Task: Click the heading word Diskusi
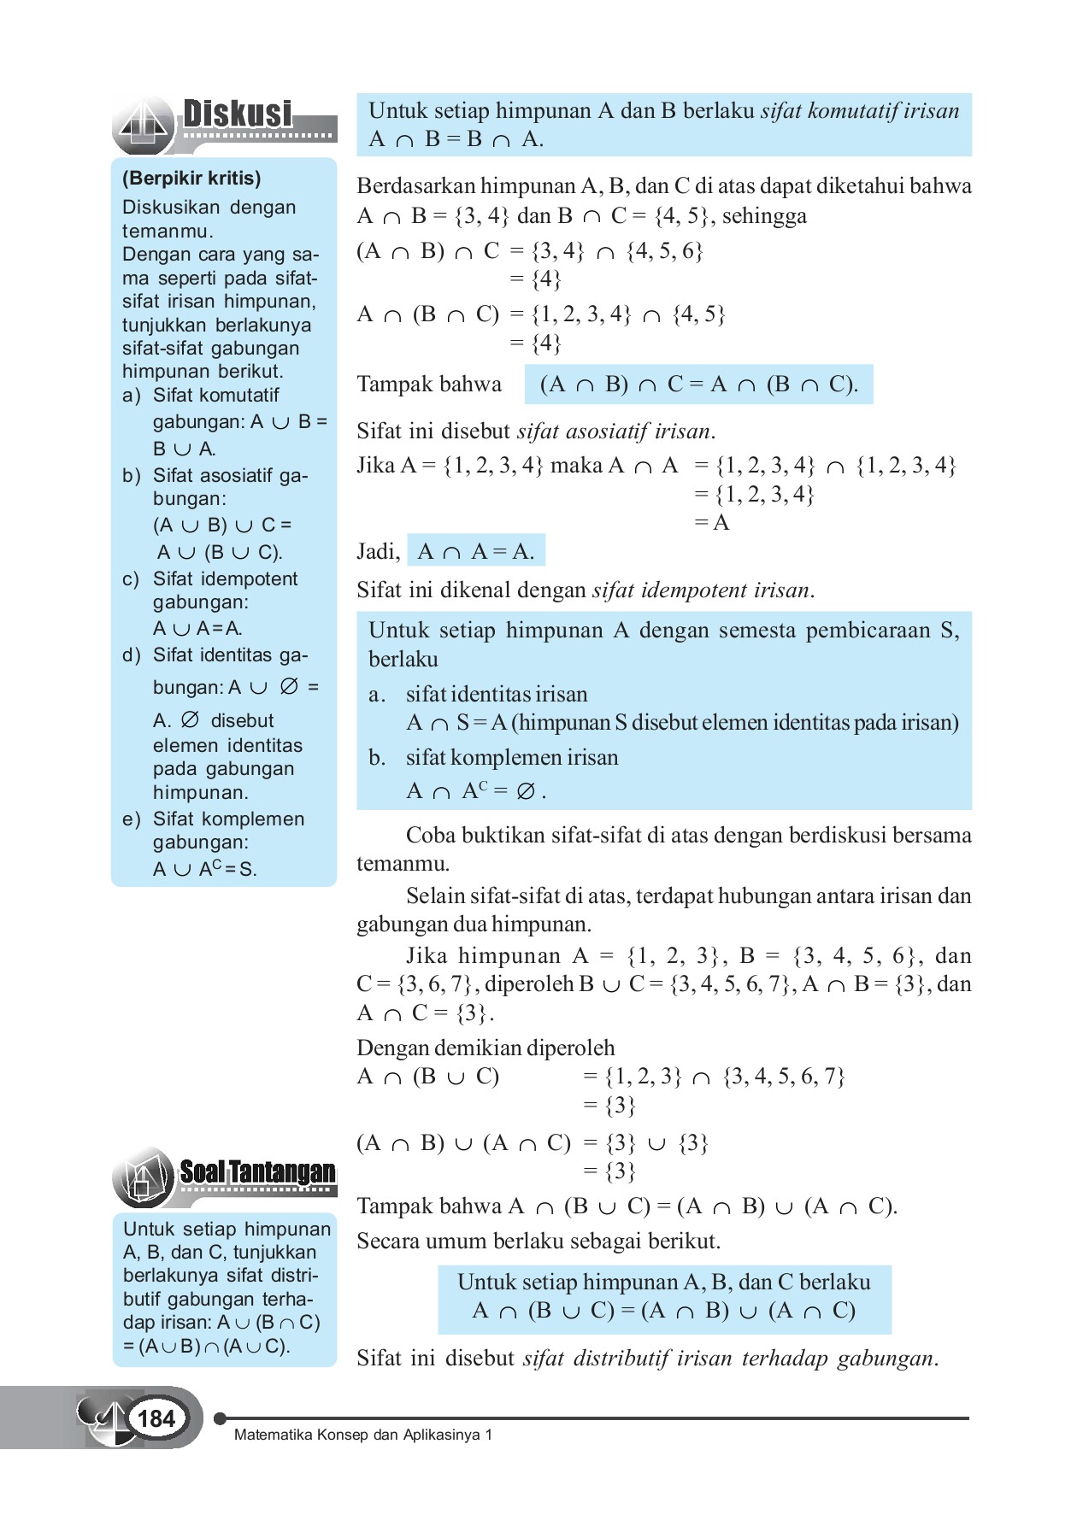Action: pyautogui.click(x=238, y=114)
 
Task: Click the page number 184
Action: pyautogui.click(x=156, y=1419)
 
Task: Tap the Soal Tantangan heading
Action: pyautogui.click(x=256, y=1172)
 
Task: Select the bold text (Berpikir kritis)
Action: pyautogui.click(x=191, y=179)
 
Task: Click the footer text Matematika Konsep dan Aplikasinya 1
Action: pyautogui.click(x=363, y=1435)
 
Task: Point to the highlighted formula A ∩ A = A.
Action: pyautogui.click(x=476, y=552)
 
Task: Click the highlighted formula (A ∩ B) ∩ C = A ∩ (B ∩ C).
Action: pyautogui.click(x=698, y=384)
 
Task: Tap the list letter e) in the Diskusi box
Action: pyautogui.click(x=131, y=819)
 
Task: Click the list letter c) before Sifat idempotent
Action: pyautogui.click(x=131, y=579)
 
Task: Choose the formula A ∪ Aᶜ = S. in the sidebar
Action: pyautogui.click(x=204, y=870)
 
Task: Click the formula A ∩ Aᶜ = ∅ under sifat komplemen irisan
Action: pyautogui.click(x=475, y=791)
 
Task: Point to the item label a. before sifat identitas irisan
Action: pyautogui.click(x=376, y=695)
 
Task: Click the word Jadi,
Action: pyautogui.click(x=378, y=552)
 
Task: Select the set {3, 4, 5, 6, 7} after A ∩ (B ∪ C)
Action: pyautogui.click(x=784, y=1077)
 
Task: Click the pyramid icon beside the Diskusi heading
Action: pyautogui.click(x=144, y=126)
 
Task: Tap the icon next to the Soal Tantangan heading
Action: pyautogui.click(x=143, y=1178)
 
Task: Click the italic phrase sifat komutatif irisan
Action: pyautogui.click(x=859, y=111)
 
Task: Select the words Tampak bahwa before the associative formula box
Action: pyautogui.click(x=429, y=384)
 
